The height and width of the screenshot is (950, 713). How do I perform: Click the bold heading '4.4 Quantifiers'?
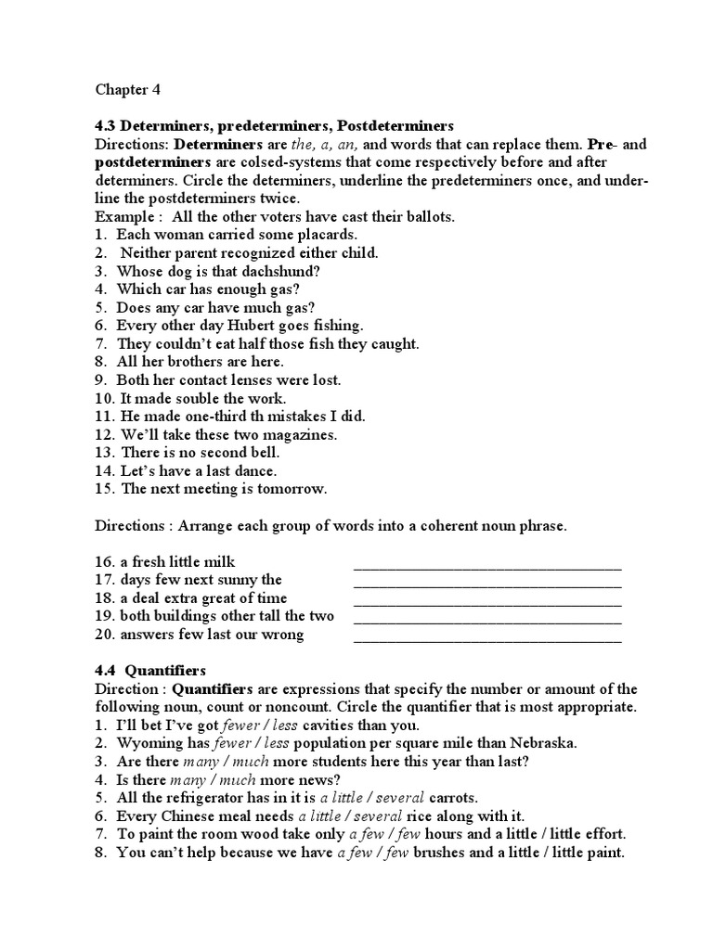150,670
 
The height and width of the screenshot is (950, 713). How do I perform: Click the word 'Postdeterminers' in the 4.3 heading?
395,125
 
